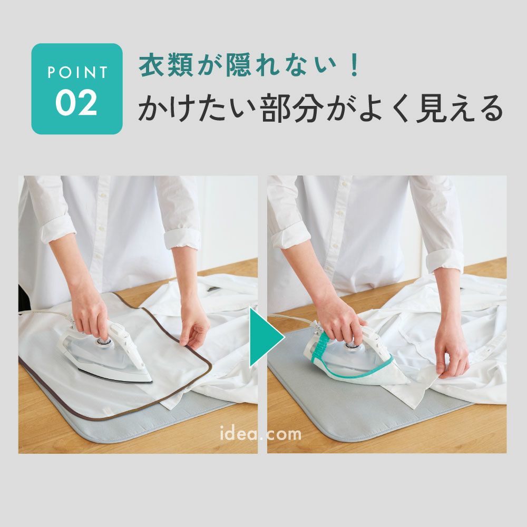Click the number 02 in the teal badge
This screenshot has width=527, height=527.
[x=76, y=103]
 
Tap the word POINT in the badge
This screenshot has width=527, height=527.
[x=77, y=72]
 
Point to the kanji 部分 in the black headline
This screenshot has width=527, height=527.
[x=291, y=108]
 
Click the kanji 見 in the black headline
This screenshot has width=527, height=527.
[x=430, y=108]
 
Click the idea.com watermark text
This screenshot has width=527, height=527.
[x=260, y=434]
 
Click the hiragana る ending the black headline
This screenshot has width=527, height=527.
[x=490, y=109]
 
